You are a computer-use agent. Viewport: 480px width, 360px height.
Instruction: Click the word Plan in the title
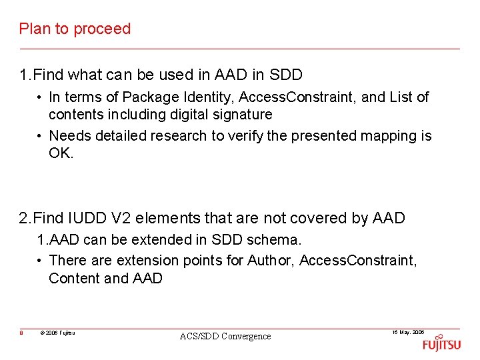[x=32, y=29]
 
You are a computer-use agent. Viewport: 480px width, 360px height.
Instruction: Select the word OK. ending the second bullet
[x=61, y=153]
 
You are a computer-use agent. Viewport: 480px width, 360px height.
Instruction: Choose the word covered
[x=320, y=219]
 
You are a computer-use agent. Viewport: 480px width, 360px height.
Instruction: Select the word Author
[x=271, y=260]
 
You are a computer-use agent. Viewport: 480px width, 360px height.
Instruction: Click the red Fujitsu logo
[x=441, y=344]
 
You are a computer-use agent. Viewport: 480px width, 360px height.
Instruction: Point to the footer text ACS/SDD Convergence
[x=225, y=337]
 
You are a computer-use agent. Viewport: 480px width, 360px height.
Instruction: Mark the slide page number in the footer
[x=21, y=332]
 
